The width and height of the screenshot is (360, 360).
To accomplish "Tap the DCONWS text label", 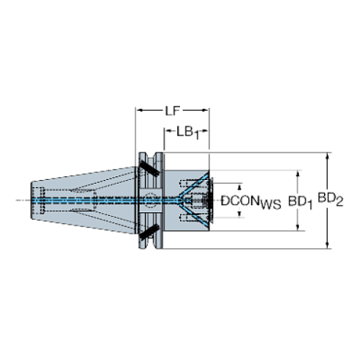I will [x=251, y=200].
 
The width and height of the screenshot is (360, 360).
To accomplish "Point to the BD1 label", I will [x=300, y=200].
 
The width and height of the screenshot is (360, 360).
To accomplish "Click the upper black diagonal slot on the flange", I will [x=149, y=168].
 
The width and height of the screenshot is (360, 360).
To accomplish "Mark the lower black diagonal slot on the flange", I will [x=149, y=234].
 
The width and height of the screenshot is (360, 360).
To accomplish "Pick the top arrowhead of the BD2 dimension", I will [x=328, y=156].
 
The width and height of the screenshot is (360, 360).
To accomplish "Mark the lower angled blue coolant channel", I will [x=193, y=212].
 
